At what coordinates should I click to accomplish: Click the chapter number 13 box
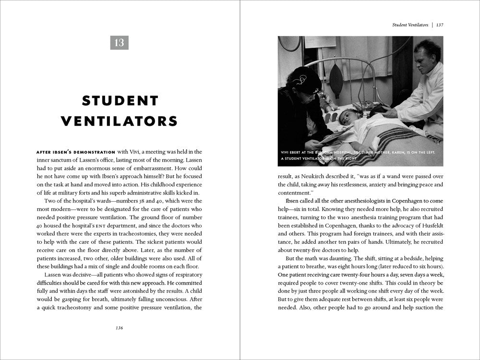[120, 42]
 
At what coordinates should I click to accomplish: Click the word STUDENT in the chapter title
[120, 100]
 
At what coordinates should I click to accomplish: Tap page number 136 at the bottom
[120, 328]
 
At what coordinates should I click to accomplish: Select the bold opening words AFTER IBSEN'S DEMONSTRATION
[75, 152]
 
